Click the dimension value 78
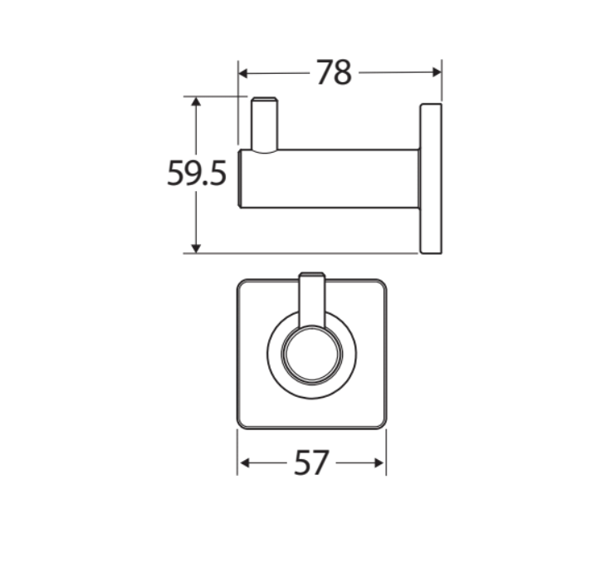coord(334,74)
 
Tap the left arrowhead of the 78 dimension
coord(244,73)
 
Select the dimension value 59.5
coord(197,174)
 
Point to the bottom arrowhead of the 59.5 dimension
coord(196,247)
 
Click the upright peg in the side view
coord(265,125)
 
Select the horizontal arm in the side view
coord(332,179)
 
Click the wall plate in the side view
coord(431,179)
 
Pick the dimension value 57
coord(312,463)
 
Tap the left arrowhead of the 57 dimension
coord(243,463)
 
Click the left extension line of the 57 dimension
coord(237,453)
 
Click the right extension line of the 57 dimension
coord(386,453)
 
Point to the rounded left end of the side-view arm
coord(242,179)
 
